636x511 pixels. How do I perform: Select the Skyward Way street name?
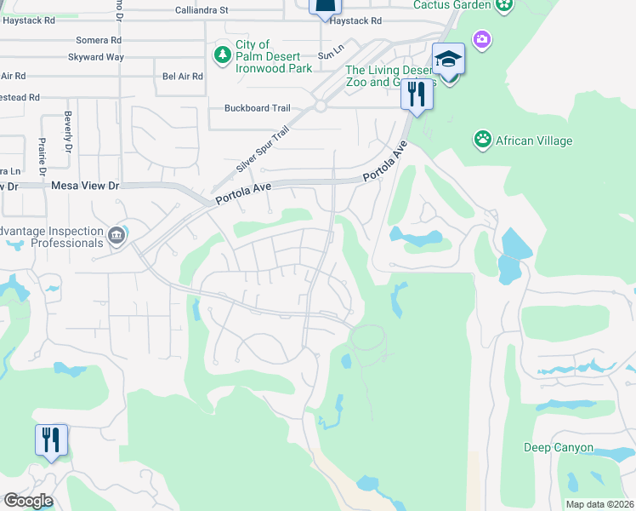96,57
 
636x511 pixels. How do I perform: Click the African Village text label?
534,141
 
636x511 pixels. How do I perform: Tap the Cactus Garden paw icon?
505,5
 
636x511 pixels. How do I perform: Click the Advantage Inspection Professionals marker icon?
116,234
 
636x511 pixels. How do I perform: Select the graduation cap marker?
448,60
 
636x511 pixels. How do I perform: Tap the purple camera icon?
482,39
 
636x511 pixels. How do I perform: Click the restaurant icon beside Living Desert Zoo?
417,93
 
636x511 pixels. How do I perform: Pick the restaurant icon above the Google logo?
51,440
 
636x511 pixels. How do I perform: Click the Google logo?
28,501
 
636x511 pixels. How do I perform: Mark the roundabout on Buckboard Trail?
321,106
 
